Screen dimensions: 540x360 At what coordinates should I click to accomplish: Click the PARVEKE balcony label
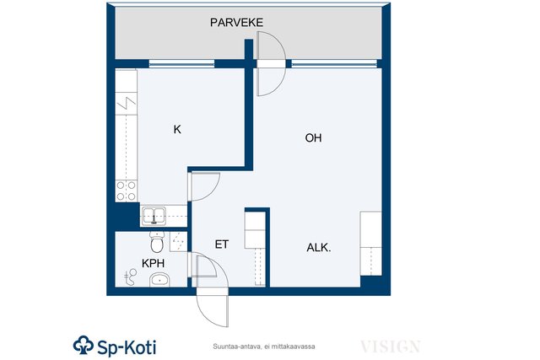[236, 23]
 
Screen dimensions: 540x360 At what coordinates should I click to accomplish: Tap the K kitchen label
[177, 129]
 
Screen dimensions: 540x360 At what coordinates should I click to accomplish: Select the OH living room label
[313, 137]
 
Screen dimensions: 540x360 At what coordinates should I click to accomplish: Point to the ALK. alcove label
[319, 248]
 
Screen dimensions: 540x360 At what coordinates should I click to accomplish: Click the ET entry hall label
[221, 244]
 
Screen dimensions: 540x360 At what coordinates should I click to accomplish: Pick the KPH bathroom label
[153, 263]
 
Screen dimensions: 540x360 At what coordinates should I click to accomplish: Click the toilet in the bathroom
[157, 242]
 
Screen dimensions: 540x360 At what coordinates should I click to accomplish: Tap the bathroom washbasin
[159, 279]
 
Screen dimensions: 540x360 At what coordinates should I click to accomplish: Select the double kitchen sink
[154, 216]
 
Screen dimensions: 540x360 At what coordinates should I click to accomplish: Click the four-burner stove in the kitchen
[126, 191]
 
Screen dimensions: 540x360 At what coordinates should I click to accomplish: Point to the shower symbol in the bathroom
[131, 277]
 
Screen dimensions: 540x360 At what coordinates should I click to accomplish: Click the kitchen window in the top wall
[181, 64]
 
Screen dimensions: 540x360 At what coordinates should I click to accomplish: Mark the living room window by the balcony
[334, 64]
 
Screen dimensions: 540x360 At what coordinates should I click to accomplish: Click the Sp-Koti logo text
[127, 347]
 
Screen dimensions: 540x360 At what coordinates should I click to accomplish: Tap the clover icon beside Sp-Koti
[83, 345]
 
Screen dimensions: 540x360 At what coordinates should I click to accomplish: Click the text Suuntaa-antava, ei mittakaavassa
[264, 347]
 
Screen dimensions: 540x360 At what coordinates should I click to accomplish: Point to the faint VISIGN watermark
[390, 347]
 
